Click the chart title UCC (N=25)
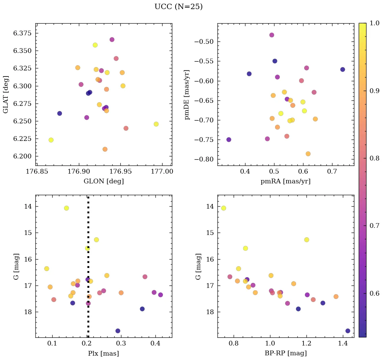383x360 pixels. (x=178, y=7)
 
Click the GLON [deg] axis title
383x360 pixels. (x=104, y=181)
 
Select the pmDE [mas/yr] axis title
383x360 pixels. (x=187, y=95)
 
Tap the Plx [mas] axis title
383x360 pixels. (x=104, y=353)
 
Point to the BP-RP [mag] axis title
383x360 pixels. (x=286, y=353)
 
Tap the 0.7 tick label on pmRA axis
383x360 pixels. (x=332, y=172)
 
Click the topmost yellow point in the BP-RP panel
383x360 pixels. (x=224, y=208)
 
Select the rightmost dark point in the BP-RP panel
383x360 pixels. (x=348, y=331)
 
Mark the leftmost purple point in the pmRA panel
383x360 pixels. (x=229, y=140)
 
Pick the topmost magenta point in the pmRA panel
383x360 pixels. (x=272, y=35)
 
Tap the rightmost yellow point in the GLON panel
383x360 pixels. (x=156, y=124)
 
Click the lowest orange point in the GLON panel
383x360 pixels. (x=105, y=149)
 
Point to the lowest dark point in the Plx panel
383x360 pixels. (x=118, y=331)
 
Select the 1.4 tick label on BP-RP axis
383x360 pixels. (x=343, y=343)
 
